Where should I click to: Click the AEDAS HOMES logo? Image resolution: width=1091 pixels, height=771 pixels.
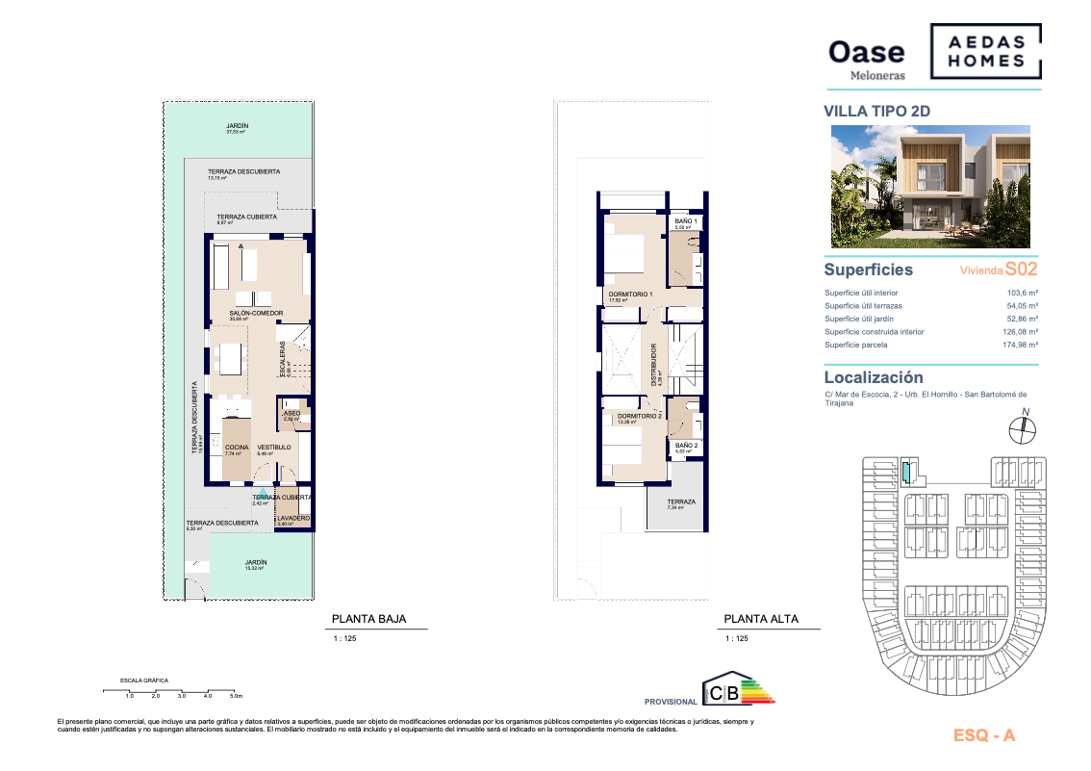pos(984,52)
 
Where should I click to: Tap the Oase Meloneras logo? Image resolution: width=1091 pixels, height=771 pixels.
pos(867,58)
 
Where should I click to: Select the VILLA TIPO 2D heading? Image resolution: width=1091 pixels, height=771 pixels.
pos(877,111)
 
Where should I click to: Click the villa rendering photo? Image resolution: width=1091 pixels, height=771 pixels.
pos(930,187)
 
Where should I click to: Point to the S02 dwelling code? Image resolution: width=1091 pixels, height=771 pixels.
pos(1021,270)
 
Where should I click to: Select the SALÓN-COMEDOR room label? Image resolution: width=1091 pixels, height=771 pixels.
pos(255,314)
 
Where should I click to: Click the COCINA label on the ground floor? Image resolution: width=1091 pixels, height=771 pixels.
pos(237,448)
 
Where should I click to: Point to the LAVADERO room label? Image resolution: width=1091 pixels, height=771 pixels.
pos(292,518)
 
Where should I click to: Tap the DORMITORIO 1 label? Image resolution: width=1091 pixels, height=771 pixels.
pos(630,294)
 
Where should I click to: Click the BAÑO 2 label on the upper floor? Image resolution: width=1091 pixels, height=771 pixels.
pos(686,445)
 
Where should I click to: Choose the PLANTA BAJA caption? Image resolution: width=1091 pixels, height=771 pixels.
pos(368,620)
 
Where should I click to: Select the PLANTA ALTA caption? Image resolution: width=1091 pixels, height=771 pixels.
pos(760,620)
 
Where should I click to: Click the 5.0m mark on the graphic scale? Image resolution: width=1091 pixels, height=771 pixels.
pos(236,695)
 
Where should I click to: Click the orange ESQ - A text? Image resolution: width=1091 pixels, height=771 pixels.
pos(983,736)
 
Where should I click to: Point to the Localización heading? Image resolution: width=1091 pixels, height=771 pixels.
pos(873,378)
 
